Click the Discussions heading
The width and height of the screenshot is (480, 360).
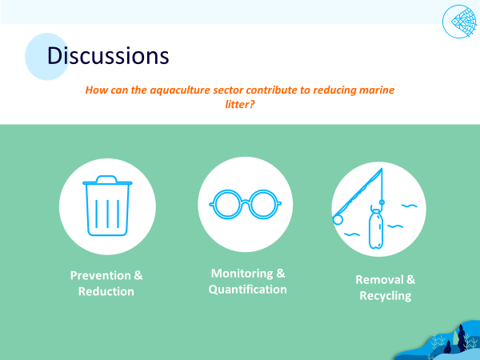click(108, 56)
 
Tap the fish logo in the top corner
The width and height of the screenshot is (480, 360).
click(459, 22)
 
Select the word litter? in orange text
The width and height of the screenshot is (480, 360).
click(240, 104)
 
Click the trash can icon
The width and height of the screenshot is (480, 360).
click(107, 206)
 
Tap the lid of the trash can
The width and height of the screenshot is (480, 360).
click(107, 180)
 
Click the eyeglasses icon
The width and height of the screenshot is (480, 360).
click(246, 204)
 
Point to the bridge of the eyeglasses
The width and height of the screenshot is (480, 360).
click(246, 202)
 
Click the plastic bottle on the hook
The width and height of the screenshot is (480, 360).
click(376, 227)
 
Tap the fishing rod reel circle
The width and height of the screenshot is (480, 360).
click(337, 220)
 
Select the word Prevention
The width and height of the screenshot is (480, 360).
click(101, 275)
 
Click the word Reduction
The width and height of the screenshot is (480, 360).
click(106, 291)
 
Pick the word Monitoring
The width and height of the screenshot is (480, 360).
click(242, 274)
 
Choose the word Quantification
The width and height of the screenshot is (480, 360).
click(248, 290)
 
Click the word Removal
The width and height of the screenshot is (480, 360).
click(379, 279)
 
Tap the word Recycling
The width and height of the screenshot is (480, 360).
click(386, 296)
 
